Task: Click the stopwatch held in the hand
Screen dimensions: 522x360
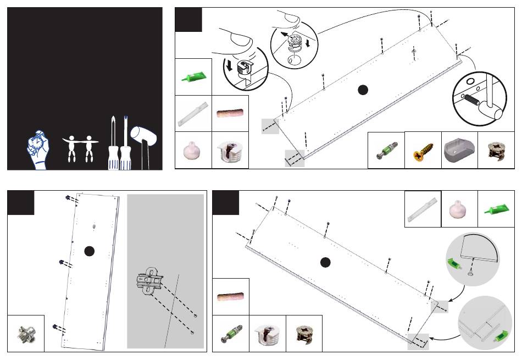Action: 37,142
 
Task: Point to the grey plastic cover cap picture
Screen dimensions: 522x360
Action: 459,148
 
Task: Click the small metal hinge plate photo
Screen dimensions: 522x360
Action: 26,333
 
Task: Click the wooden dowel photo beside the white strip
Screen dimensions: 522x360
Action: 230,113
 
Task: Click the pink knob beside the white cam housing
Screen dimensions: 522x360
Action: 193,149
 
